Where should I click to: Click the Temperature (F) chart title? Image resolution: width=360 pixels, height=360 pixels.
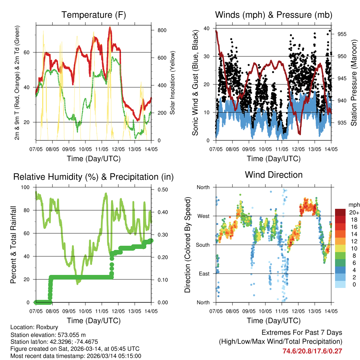click(x=94, y=15)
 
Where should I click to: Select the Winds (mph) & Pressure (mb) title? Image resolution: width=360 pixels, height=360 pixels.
click(x=274, y=15)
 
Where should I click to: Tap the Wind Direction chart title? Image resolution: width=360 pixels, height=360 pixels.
click(x=274, y=175)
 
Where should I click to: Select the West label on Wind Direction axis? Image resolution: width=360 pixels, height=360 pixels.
click(x=203, y=216)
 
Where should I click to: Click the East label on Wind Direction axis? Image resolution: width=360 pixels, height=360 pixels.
click(x=203, y=274)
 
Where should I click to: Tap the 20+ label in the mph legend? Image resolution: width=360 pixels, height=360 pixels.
click(x=354, y=212)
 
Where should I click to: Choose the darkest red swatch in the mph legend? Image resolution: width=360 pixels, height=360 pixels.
click(x=340, y=212)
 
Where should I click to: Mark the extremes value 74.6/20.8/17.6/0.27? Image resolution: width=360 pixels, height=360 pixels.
click(x=312, y=351)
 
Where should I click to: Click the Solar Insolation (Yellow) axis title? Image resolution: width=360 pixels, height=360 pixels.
click(x=173, y=83)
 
